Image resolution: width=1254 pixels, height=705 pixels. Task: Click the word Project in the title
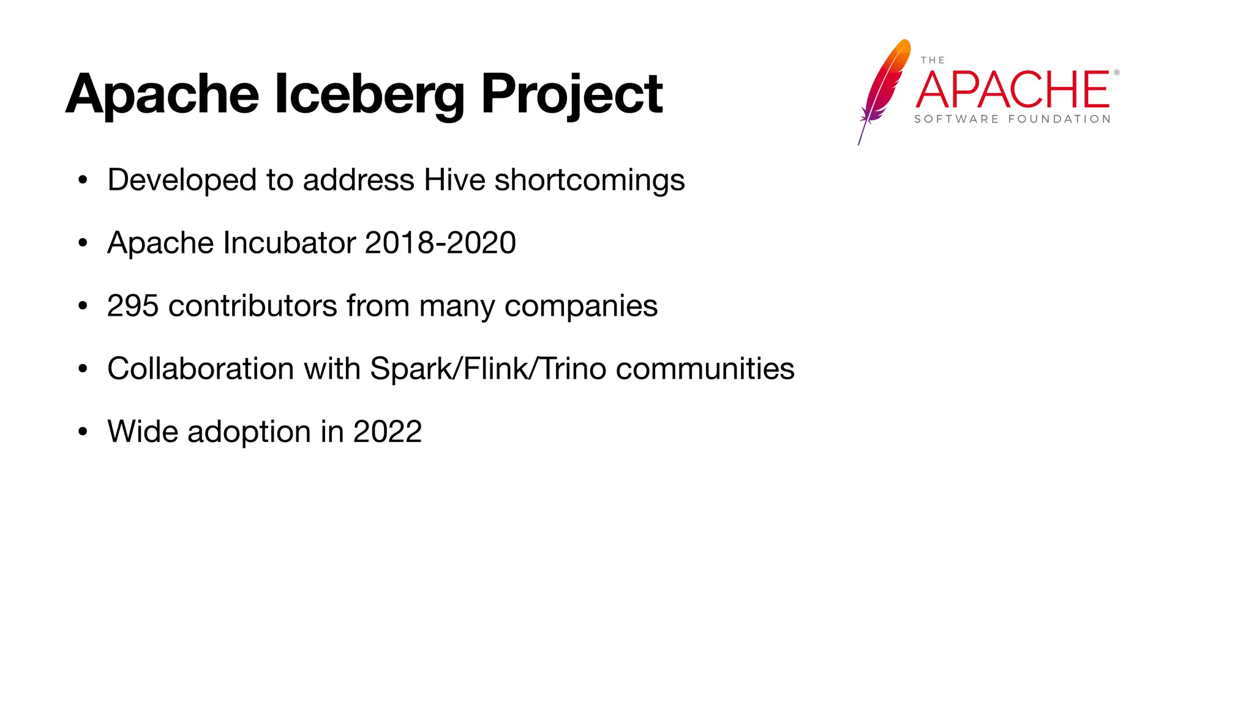coord(571,95)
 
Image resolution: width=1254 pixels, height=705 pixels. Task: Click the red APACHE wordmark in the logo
coord(1013,90)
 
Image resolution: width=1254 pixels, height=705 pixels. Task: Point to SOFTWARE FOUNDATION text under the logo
coord(1012,119)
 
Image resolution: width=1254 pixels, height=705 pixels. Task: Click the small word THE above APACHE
coord(933,60)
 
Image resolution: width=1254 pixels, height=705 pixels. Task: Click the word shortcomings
coord(589,181)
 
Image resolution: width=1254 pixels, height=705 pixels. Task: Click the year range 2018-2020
coord(440,243)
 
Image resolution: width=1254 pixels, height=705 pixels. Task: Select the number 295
coord(132,306)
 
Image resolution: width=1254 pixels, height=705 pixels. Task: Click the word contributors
coord(252,306)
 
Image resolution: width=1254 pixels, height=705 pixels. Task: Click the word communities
coord(705,369)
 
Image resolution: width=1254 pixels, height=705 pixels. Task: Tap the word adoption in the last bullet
coord(249,433)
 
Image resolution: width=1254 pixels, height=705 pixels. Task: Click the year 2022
coord(387,432)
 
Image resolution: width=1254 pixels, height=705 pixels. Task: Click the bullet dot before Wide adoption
coord(83,432)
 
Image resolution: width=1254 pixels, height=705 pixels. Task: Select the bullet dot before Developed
coord(83,181)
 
